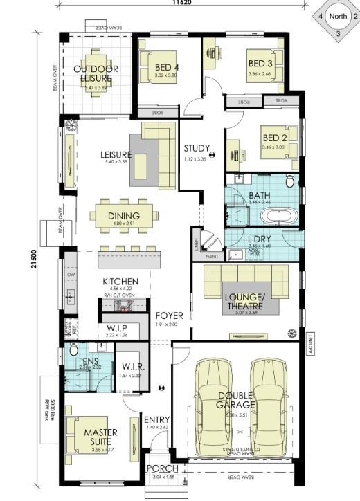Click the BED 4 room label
tap(167, 67)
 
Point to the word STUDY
tap(197, 147)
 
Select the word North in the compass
tap(337, 16)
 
